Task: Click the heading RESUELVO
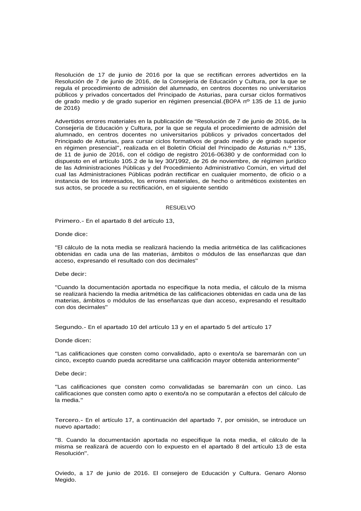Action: coord(180,208)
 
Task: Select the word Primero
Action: coord(67,221)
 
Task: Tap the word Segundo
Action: coord(69,327)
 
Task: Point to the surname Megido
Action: coord(65,480)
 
